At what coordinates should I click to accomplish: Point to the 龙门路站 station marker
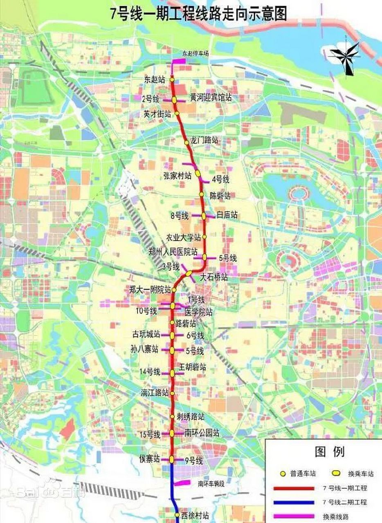[187, 142]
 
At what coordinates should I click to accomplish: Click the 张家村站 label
[177, 176]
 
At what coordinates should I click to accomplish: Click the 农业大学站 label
[184, 237]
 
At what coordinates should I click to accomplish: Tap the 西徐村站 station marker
[177, 515]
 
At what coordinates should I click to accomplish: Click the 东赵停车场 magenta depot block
[178, 61]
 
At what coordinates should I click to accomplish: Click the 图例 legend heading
[330, 452]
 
